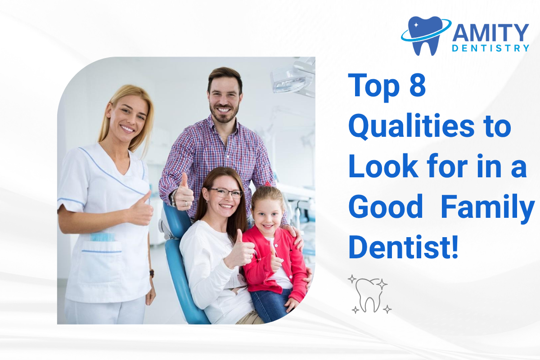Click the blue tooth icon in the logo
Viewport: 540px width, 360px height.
[426, 35]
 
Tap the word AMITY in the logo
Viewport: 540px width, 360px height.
[490, 32]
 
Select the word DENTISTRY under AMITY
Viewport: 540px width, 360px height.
[490, 48]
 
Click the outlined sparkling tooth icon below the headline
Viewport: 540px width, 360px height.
[369, 294]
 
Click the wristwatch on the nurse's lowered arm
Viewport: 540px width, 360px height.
[152, 273]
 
